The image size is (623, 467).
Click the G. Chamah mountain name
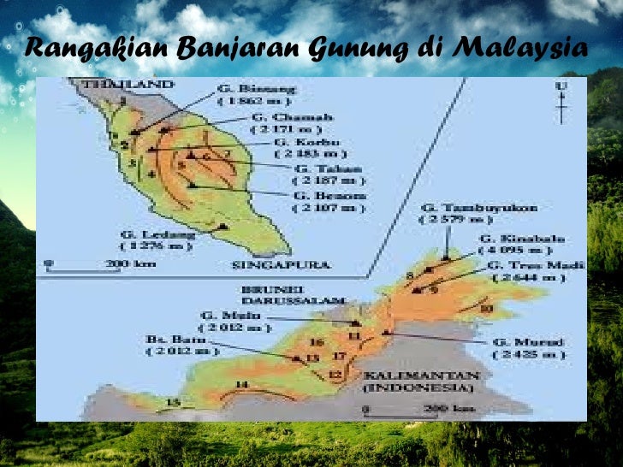tap(280, 116)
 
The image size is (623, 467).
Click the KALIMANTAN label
tap(418, 375)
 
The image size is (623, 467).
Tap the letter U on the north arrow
tap(561, 86)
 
